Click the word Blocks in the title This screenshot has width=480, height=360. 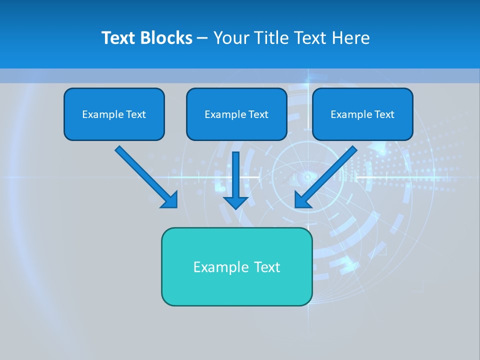click(x=166, y=38)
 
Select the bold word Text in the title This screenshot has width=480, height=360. click(x=120, y=38)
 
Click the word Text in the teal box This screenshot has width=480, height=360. click(x=267, y=267)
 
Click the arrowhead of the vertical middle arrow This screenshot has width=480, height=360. click(x=235, y=202)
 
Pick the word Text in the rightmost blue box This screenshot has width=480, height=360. click(x=384, y=114)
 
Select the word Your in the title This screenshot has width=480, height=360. click(x=230, y=38)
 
